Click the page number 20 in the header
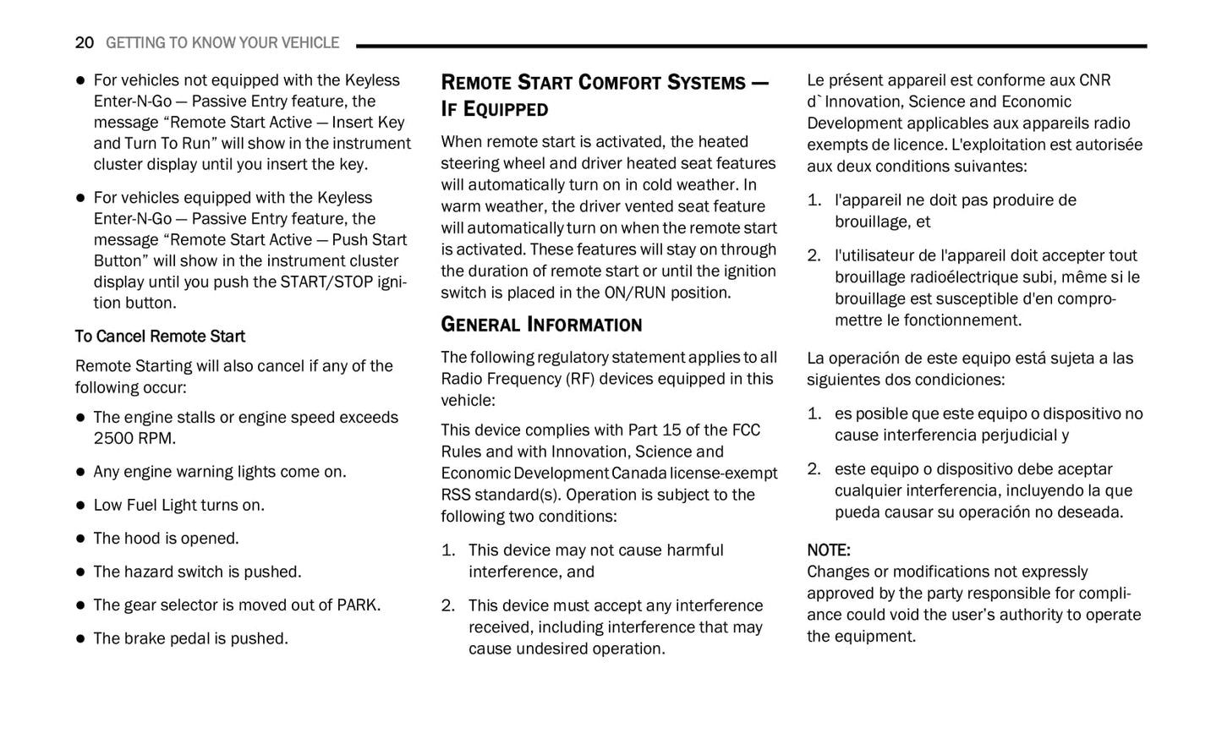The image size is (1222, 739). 84,42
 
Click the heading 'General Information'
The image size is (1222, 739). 541,325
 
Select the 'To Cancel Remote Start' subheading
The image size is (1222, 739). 160,337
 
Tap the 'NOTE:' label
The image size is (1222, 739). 828,550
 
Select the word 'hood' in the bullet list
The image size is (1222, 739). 141,539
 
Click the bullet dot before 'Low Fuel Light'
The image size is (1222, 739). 81,506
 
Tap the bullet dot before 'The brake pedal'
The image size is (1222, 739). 81,639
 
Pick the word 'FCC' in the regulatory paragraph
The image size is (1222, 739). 746,430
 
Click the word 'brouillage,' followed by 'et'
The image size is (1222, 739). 871,222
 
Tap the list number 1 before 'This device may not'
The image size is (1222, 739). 447,550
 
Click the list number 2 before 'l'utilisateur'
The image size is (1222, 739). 813,256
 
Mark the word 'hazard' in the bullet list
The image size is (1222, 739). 162,572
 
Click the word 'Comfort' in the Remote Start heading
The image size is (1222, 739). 620,83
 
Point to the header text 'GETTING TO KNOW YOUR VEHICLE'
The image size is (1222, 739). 222,42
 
